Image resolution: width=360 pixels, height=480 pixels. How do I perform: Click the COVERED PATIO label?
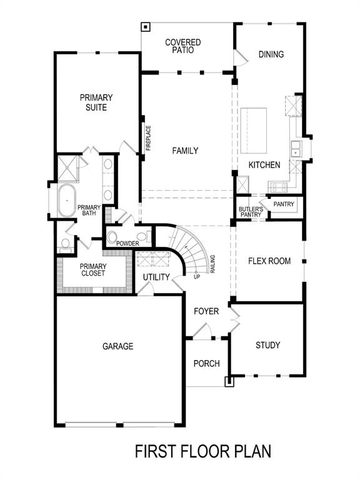(182, 46)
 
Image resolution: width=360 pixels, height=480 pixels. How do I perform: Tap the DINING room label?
(271, 54)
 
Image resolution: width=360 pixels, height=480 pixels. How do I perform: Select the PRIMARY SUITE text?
(96, 102)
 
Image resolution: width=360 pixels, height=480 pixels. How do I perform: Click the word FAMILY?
(185, 151)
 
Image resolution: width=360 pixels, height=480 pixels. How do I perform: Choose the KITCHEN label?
(264, 165)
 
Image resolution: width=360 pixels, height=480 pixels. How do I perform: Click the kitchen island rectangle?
(254, 129)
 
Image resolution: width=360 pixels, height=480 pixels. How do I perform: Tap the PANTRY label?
(283, 204)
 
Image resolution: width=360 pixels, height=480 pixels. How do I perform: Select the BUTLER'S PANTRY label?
(250, 212)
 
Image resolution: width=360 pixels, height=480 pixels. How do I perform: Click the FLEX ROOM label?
(269, 261)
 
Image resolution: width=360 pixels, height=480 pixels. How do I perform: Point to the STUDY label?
(267, 345)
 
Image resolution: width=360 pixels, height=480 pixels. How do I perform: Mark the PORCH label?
(206, 364)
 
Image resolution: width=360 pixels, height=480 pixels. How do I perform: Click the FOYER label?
(206, 311)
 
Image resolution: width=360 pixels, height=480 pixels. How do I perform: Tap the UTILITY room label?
(156, 277)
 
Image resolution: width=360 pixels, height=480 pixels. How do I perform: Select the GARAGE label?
(117, 346)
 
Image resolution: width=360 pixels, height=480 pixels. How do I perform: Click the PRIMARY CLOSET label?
(93, 269)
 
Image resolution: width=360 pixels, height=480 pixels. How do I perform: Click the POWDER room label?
(127, 242)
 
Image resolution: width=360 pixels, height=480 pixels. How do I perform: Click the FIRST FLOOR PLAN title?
(204, 452)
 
